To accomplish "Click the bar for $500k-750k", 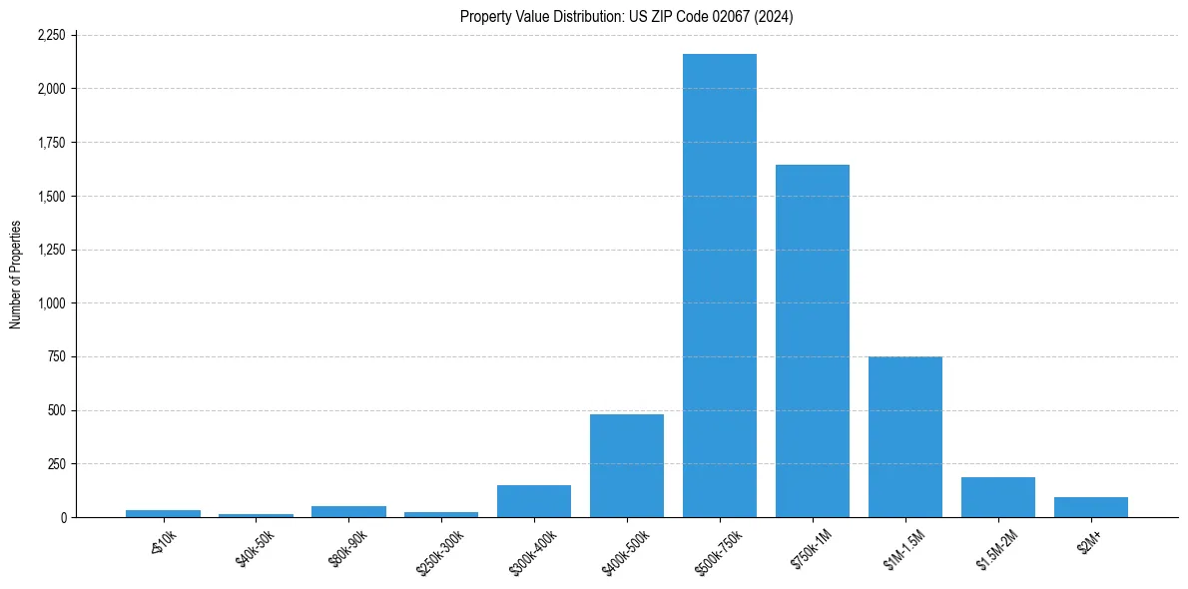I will point(719,286).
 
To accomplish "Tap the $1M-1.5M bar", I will point(904,437).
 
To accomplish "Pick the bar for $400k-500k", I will point(626,466).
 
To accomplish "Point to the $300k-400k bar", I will point(533,501).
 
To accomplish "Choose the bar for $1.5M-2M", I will point(997,497).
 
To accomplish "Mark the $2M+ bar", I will point(1090,507).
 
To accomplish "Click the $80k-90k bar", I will point(348,511).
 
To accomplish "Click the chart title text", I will point(626,16).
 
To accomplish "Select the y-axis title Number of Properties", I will point(15,275).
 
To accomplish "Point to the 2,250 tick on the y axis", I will point(50,35).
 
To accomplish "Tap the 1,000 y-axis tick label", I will point(50,303).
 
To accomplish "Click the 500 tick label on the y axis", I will point(56,410).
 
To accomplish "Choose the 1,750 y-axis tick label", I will point(50,143).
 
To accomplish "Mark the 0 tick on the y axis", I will point(62,517).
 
